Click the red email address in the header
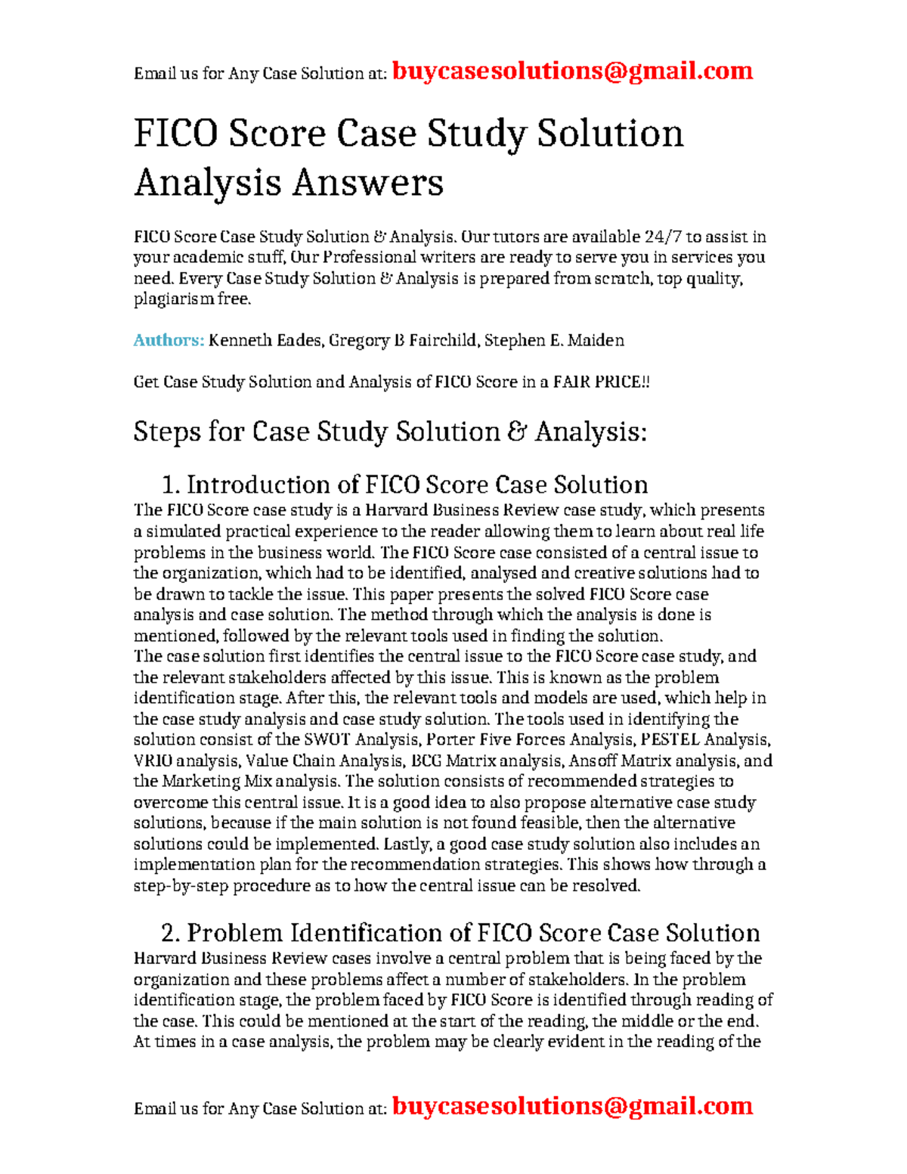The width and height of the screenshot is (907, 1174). (x=572, y=71)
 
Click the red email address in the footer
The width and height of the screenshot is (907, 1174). (x=572, y=1106)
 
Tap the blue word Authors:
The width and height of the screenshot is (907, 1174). (x=169, y=340)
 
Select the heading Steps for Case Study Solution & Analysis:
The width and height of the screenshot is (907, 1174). (x=390, y=432)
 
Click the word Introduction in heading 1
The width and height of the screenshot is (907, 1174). (x=272, y=485)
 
